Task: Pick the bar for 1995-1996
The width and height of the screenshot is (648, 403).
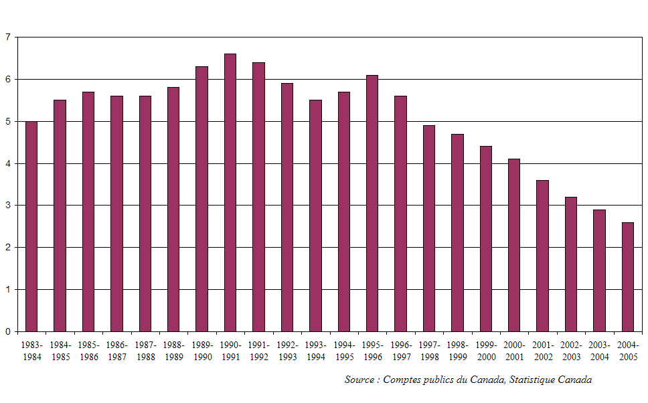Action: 372,204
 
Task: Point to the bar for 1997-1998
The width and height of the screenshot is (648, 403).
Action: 429,228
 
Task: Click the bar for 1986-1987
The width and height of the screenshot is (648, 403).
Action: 116,214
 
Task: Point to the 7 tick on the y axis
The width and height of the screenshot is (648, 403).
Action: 7,37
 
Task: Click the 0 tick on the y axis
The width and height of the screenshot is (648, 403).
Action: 7,331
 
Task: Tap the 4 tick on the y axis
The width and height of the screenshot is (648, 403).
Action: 7,163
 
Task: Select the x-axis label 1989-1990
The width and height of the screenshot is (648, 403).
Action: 202,351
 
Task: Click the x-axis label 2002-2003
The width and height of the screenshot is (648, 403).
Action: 571,351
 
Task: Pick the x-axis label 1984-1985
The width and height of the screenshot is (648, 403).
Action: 60,351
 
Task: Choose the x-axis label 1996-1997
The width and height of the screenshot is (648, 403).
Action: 401,351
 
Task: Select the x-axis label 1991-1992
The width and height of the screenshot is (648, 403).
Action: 259,351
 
